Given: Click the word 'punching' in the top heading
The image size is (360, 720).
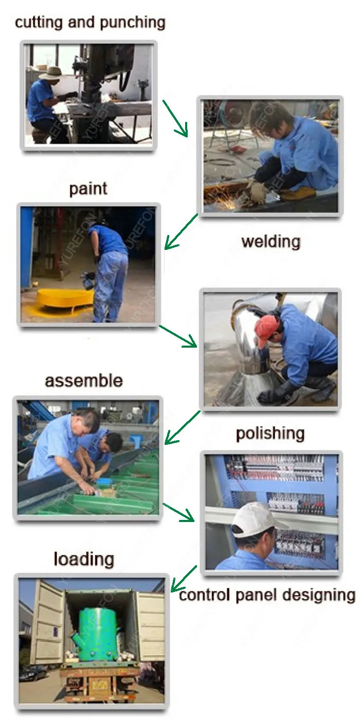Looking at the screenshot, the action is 133,23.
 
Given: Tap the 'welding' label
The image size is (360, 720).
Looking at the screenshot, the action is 271,241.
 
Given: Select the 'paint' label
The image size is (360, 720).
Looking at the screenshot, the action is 88,189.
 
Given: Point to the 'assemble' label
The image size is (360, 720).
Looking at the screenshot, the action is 84,381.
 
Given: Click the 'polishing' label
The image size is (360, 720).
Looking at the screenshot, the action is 271,434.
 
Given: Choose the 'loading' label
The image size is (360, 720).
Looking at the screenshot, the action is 84,560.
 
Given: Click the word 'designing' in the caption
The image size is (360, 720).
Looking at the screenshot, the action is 319,596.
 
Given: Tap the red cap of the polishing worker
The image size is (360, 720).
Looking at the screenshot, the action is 266,330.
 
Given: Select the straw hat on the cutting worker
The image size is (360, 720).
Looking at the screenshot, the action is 51,73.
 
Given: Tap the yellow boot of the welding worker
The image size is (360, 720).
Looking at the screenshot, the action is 299,193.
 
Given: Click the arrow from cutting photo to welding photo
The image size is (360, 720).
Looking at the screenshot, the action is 175,118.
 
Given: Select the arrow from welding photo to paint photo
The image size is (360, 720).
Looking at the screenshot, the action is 181,231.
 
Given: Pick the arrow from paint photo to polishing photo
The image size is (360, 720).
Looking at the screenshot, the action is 178,336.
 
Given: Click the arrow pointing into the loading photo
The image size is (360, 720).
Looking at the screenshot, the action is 184,578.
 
